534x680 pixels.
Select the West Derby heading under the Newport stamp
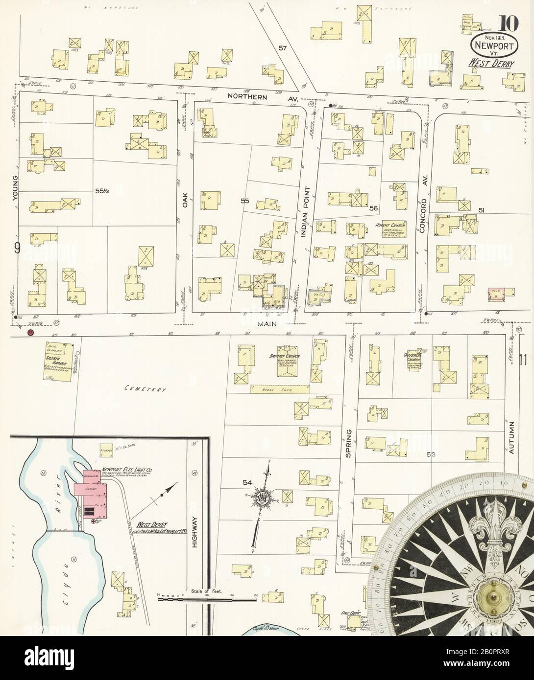point(487,63)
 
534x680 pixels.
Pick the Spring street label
point(349,443)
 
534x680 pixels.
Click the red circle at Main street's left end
point(30,333)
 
